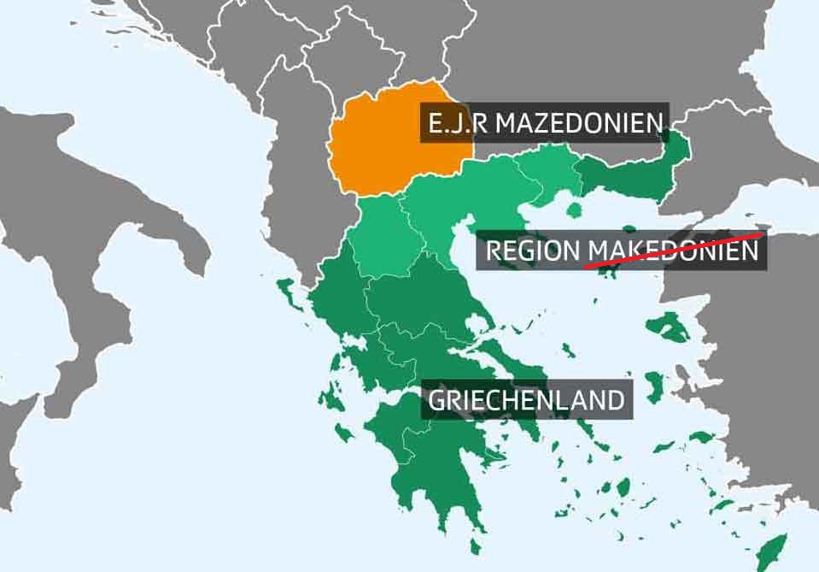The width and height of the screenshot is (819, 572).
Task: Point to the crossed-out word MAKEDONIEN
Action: [x=675, y=251]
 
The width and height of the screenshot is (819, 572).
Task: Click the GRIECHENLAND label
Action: [x=527, y=400]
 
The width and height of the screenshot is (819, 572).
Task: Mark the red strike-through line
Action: [x=675, y=249]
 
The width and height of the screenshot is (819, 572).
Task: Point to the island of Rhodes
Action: [x=776, y=547]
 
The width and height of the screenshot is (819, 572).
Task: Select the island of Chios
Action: [x=653, y=380]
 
